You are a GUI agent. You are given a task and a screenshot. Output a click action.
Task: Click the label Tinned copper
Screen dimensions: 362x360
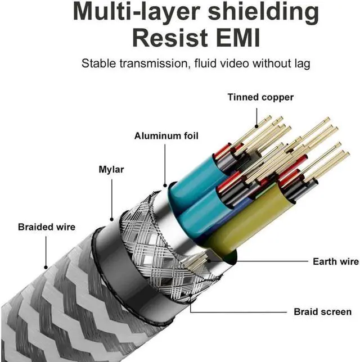(260, 97)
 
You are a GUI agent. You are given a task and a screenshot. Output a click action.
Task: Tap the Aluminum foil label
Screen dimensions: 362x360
(166, 136)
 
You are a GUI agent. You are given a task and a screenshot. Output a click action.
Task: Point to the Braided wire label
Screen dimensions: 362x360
(46, 227)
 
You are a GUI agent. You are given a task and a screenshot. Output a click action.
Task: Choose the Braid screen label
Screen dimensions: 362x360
(322, 311)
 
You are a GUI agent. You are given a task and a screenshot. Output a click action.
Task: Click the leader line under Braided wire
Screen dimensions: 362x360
(46, 251)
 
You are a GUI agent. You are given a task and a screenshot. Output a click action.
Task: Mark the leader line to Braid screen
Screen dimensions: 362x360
(236, 311)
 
